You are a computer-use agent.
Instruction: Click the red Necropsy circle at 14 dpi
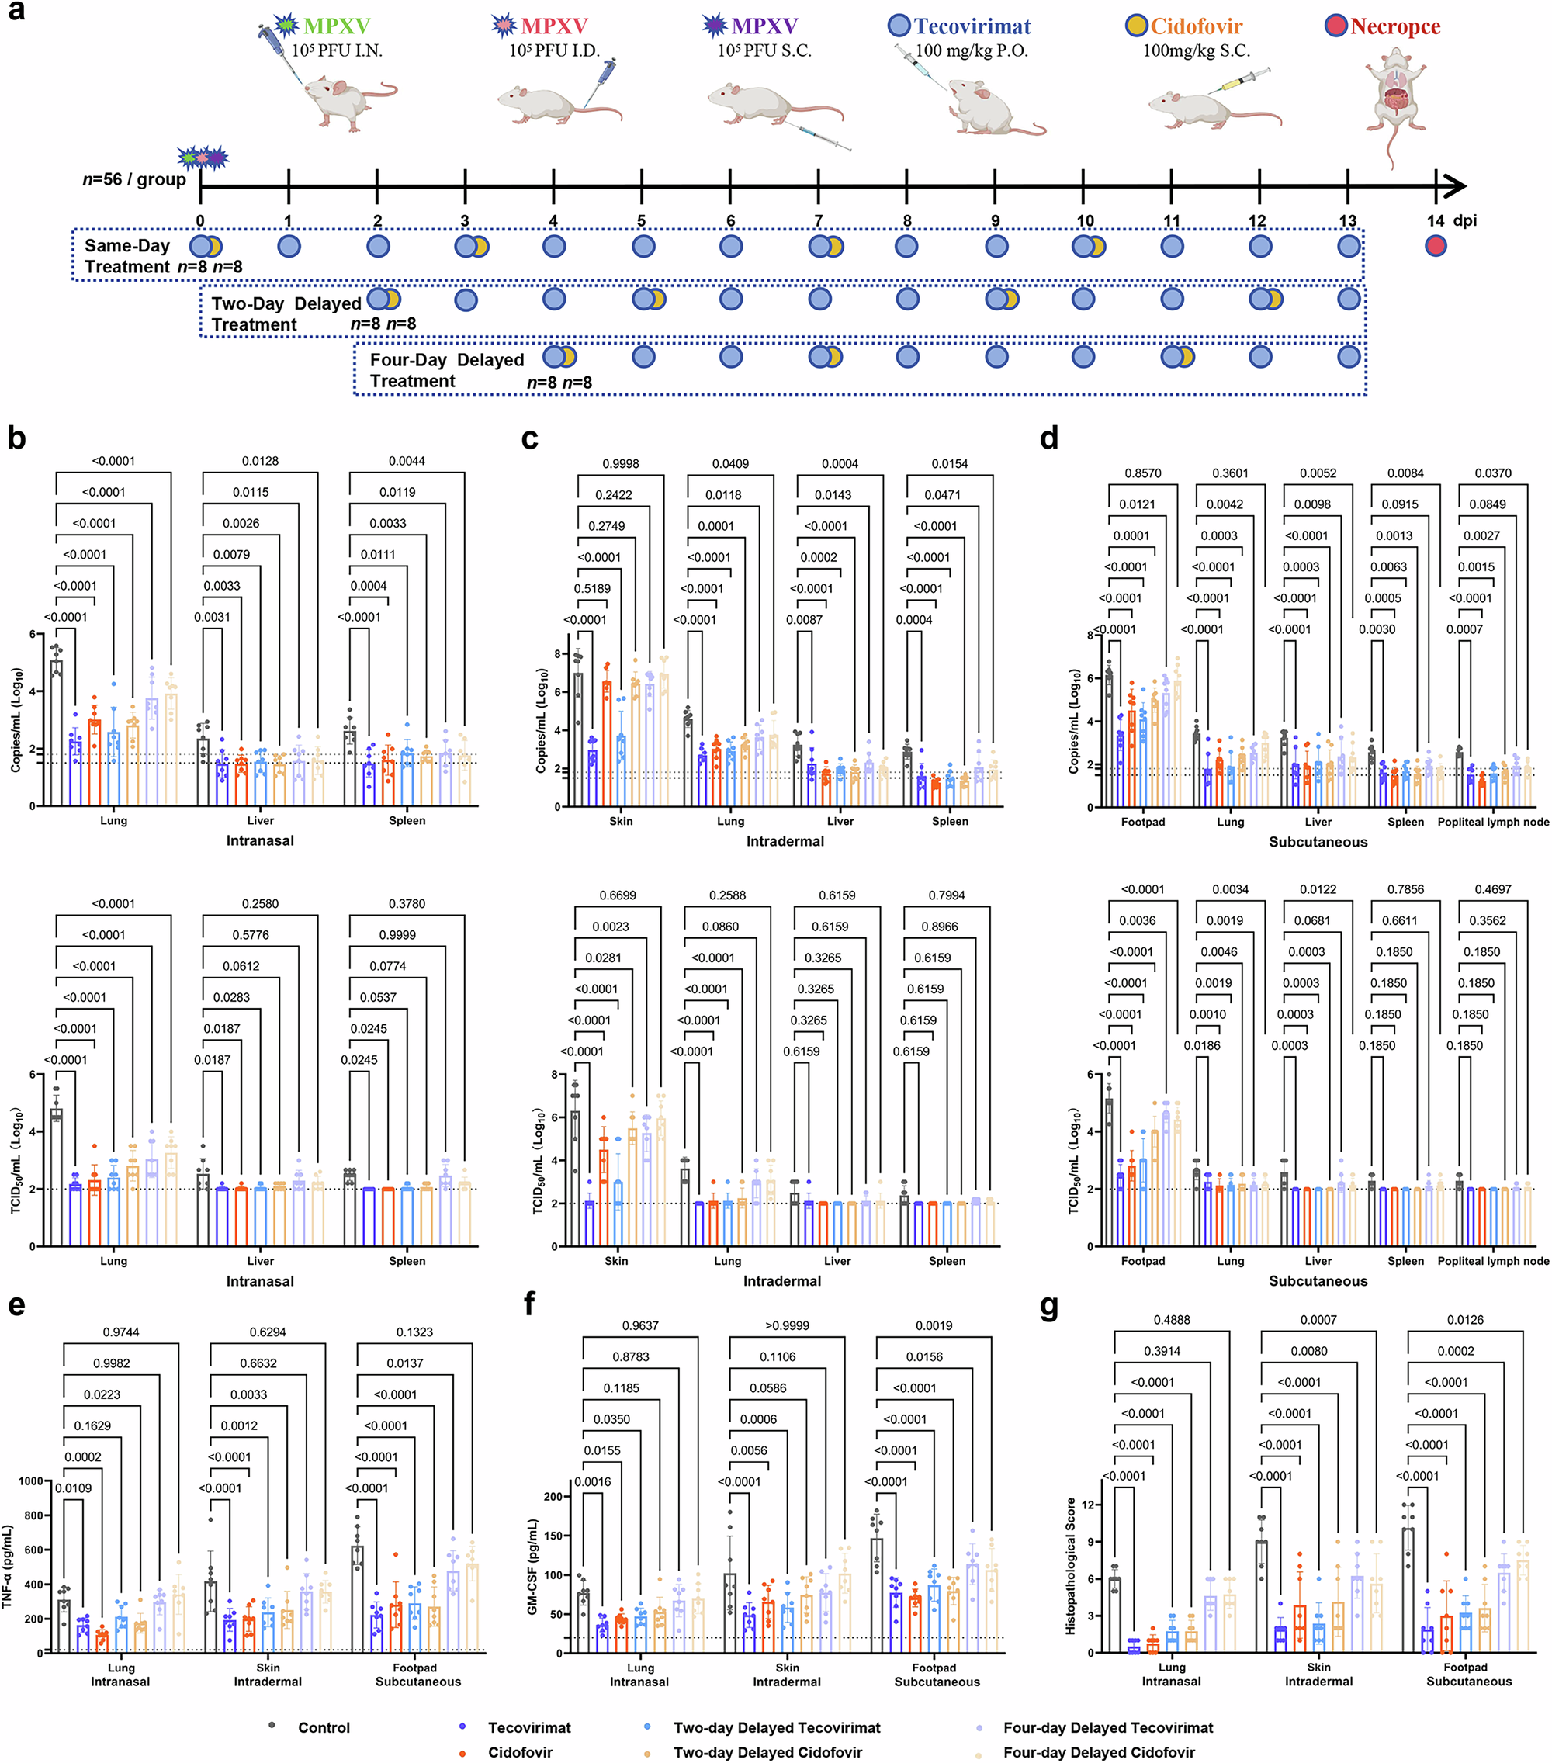pos(1436,246)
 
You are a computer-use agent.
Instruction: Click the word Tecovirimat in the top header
pos(972,26)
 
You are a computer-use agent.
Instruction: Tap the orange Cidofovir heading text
pos(1196,26)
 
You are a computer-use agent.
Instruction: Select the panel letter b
pos(16,438)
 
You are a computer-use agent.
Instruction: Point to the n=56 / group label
pos(133,179)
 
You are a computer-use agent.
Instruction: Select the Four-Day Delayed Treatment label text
pos(446,370)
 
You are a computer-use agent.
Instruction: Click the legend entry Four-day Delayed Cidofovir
pos(1098,1752)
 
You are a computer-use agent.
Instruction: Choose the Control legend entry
pos(324,1727)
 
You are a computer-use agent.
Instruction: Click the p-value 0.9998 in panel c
pos(620,464)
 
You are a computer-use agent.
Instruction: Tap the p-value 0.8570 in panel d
pos(1142,473)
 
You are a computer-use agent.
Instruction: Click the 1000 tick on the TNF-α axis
pos(30,1481)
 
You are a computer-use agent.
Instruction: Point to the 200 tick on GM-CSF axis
pos(553,1497)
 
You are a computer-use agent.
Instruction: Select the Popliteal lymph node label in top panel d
pos(1492,822)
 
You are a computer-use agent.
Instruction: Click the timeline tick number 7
pos(818,221)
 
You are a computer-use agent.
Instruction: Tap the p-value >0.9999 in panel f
pos(787,1325)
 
